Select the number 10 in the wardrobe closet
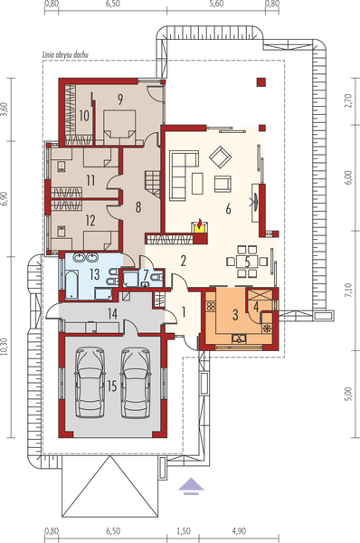(x=82, y=115)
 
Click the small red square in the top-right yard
(x=261, y=82)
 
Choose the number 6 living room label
(x=229, y=209)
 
